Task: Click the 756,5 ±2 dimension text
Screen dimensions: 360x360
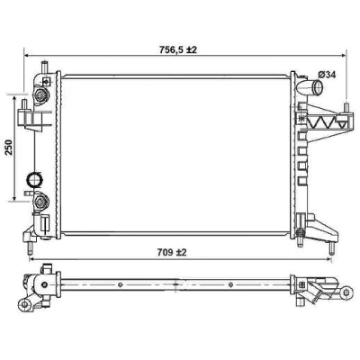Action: (177, 49)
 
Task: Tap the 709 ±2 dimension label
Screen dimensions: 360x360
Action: (172, 253)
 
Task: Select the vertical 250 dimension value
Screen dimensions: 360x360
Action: (9, 147)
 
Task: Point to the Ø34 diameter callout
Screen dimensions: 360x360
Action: (327, 75)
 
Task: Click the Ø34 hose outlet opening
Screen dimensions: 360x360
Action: (318, 87)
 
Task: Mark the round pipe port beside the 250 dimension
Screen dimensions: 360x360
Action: (35, 179)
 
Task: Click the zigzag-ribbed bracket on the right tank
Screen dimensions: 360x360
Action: (324, 122)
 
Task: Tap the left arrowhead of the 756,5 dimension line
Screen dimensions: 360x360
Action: (27, 56)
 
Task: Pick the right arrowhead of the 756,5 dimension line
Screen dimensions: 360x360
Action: (343, 56)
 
